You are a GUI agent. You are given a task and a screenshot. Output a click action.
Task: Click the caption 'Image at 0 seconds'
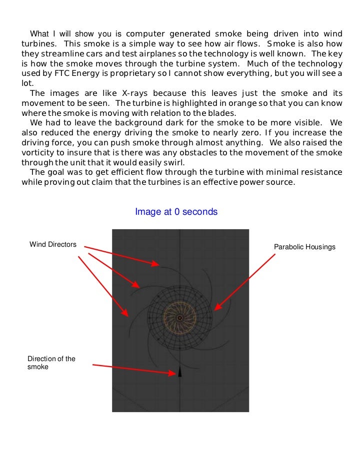176,212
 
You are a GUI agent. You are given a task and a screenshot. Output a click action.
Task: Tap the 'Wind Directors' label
53,244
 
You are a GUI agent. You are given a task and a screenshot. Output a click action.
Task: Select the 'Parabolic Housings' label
304,247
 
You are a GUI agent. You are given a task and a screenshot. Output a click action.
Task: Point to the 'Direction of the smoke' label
51,363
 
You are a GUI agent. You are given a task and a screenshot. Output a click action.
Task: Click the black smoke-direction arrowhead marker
180,373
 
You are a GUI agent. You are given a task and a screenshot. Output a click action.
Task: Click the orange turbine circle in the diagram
180,317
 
